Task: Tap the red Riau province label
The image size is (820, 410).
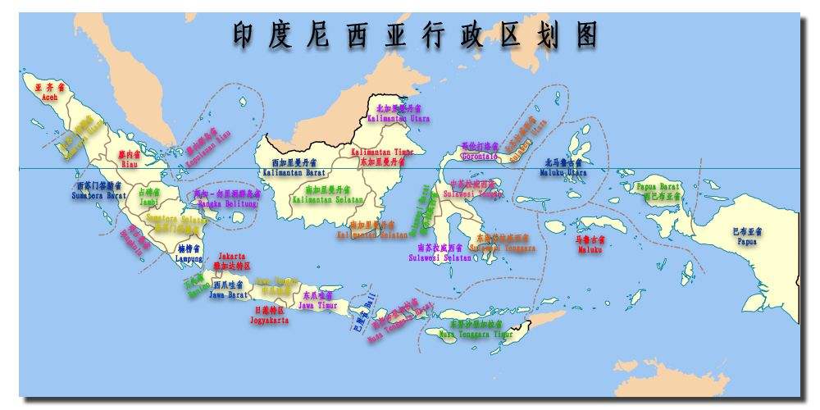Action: (x=129, y=163)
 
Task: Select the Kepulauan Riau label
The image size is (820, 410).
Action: (x=207, y=146)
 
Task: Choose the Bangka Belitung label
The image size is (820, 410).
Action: (x=228, y=203)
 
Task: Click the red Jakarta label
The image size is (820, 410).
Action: (x=231, y=257)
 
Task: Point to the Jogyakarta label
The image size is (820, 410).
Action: (x=269, y=320)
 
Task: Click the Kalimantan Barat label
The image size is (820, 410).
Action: (x=298, y=174)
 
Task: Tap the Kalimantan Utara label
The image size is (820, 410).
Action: (x=398, y=118)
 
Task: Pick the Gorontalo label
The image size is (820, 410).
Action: (x=480, y=156)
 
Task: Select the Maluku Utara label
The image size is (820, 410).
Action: (x=565, y=172)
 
